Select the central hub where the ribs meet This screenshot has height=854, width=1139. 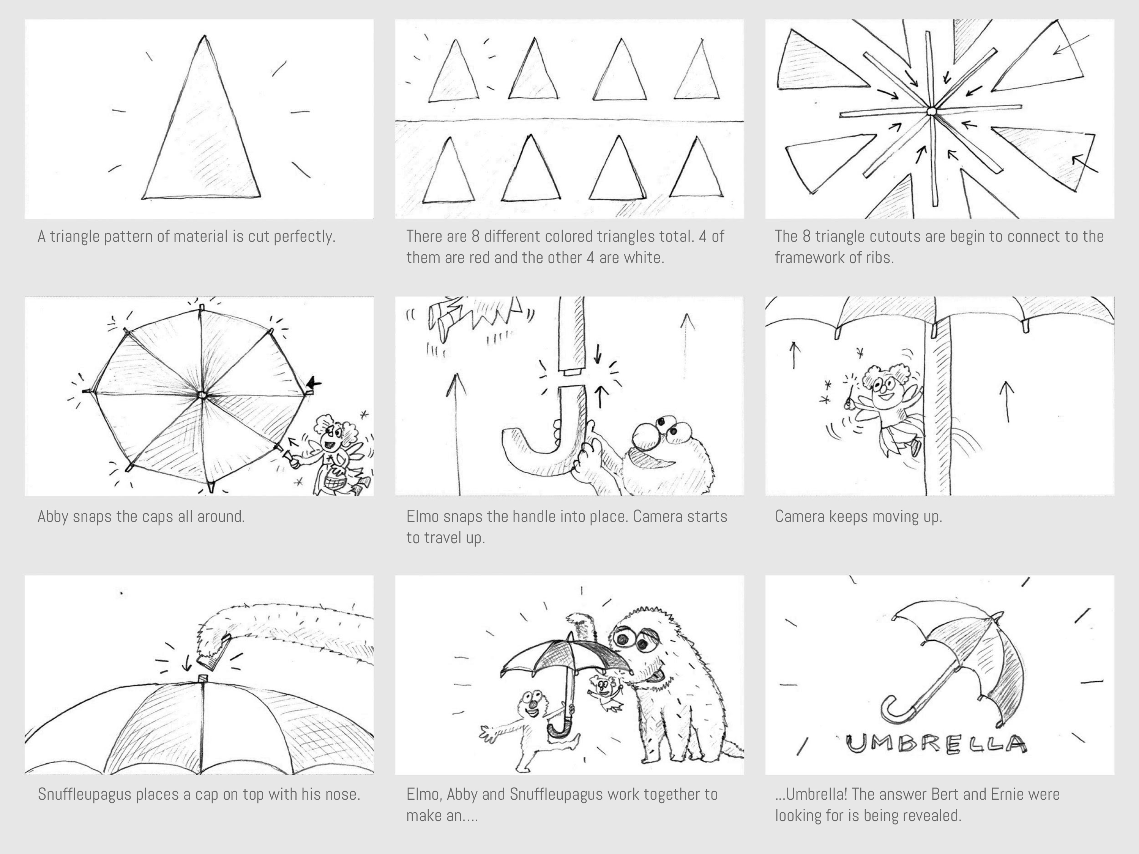pos(931,111)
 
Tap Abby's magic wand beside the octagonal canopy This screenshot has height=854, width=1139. pos(288,455)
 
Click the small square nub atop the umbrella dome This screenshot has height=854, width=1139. pos(202,679)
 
